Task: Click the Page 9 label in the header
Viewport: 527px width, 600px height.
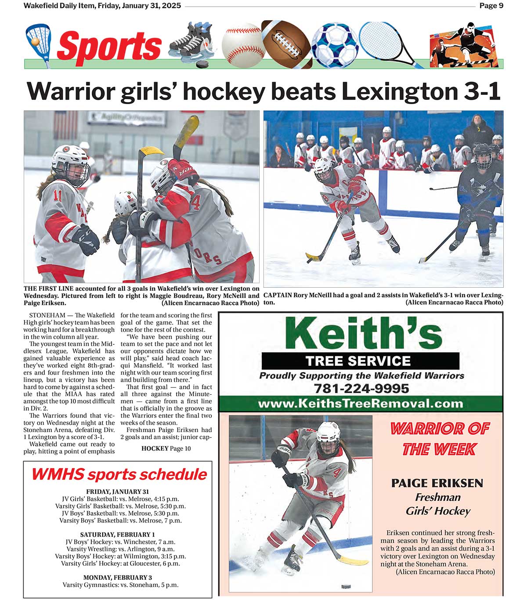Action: pyautogui.click(x=491, y=6)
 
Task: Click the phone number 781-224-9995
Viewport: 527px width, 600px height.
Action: pyautogui.click(x=361, y=389)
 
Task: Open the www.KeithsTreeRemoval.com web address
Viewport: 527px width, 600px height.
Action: pyautogui.click(x=360, y=404)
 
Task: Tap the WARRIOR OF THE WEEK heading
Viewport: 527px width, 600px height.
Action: pyautogui.click(x=439, y=438)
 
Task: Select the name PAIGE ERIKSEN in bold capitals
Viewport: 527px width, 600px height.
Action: pyautogui.click(x=437, y=483)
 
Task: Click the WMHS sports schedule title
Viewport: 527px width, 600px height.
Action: pyautogui.click(x=119, y=474)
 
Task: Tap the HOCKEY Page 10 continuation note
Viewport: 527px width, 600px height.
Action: pyautogui.click(x=166, y=448)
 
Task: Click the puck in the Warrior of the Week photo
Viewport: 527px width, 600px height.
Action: pyautogui.click(x=346, y=586)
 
